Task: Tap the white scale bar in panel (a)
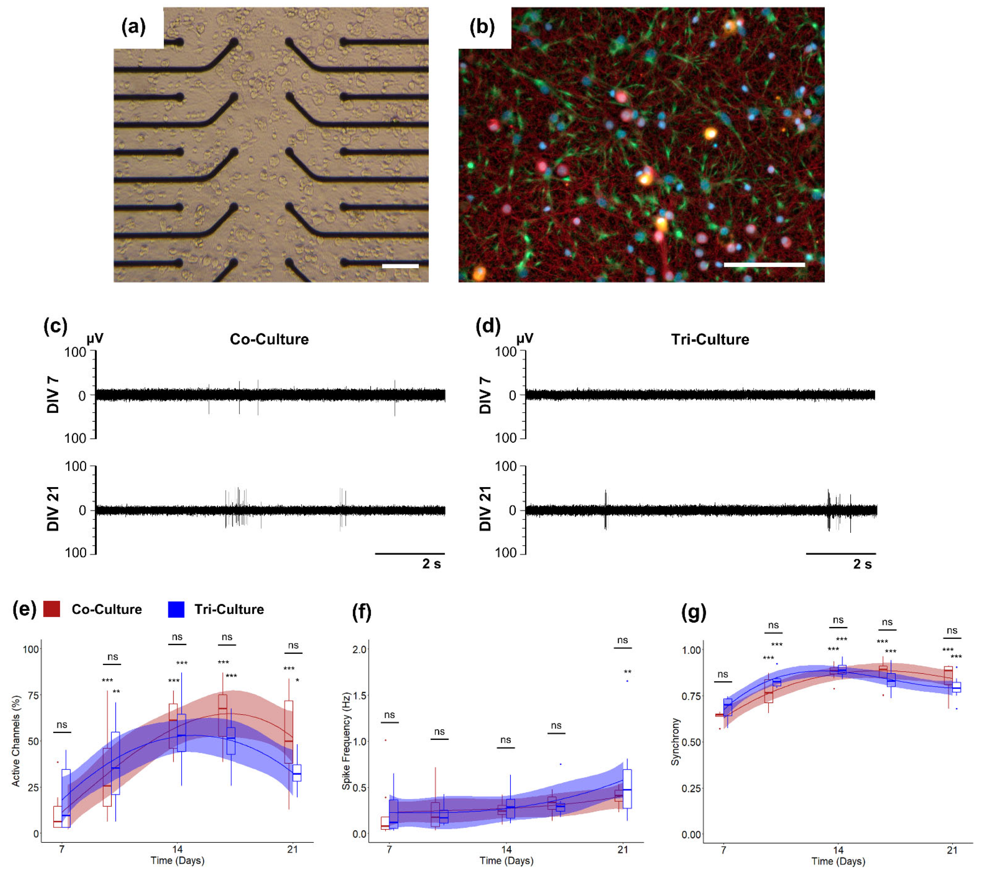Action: [x=400, y=265]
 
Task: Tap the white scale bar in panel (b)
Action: [x=764, y=264]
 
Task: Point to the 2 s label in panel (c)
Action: [x=431, y=564]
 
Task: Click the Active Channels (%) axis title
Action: [x=16, y=741]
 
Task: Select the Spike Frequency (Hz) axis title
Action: [x=346, y=741]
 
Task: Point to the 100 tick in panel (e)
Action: [x=31, y=650]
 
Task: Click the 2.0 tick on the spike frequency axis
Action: [x=360, y=650]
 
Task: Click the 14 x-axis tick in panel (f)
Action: [x=506, y=849]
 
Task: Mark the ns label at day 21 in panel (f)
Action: [x=622, y=640]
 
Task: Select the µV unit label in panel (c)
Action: [x=95, y=338]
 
